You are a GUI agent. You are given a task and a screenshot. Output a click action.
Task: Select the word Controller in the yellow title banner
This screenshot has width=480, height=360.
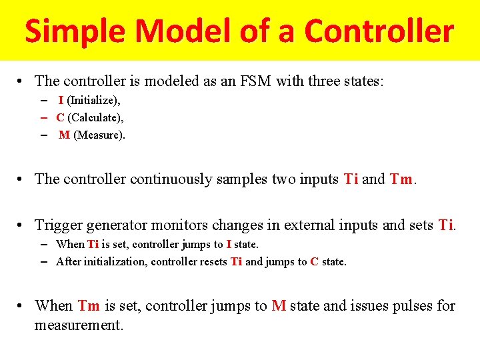[379, 31]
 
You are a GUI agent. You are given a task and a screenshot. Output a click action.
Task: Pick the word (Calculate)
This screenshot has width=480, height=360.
[95, 117]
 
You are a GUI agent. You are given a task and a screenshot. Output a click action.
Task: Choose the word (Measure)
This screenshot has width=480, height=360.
[99, 135]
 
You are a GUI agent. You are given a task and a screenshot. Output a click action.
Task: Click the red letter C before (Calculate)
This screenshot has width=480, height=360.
[60, 117]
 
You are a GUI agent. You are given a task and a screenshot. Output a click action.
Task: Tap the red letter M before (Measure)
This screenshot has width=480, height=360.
[64, 135]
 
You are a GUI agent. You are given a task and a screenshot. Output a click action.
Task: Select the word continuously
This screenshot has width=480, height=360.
[171, 179]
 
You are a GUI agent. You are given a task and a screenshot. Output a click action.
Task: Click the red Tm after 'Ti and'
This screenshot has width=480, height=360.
[402, 179]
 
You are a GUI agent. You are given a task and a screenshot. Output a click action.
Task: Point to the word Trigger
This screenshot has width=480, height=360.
[57, 225]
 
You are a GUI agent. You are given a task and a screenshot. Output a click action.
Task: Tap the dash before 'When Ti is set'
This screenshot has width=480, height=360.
[43, 244]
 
